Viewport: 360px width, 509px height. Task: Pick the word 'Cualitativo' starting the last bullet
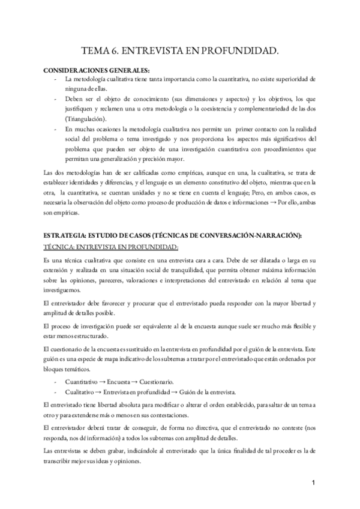81,391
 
